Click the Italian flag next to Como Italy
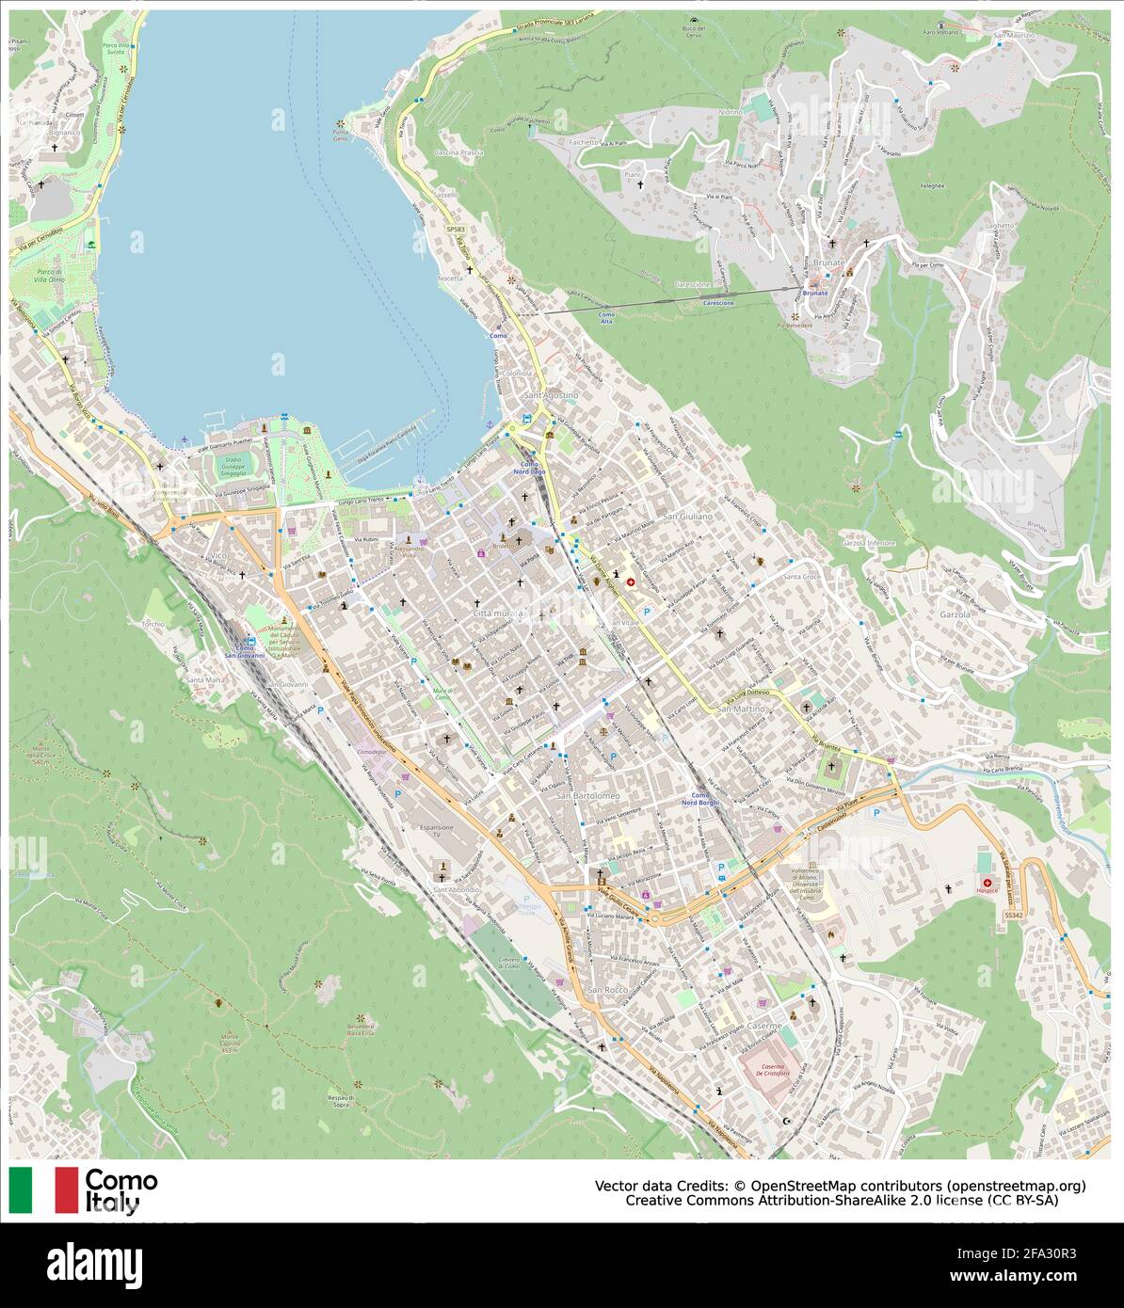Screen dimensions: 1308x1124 [x=43, y=1189]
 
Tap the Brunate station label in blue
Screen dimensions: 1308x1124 [x=816, y=293]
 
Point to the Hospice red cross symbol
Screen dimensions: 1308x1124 [x=987, y=882]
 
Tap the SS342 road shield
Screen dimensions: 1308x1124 [x=1013, y=914]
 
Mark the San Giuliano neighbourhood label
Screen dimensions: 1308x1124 [x=688, y=518]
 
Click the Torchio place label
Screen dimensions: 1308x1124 [x=153, y=624]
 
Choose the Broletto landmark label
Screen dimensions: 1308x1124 [x=503, y=547]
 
